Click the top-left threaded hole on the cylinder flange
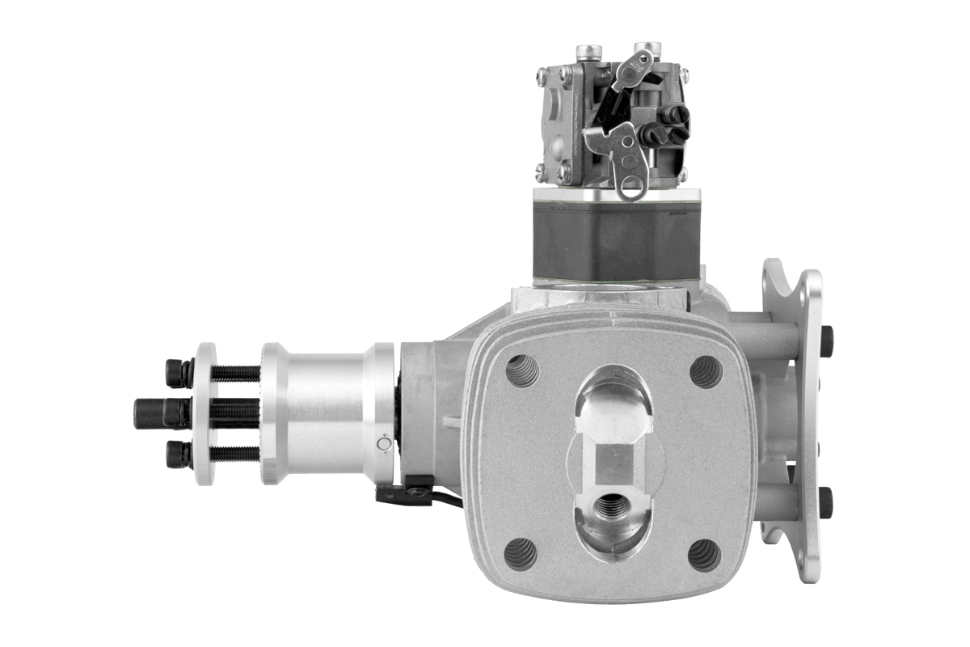click(521, 370)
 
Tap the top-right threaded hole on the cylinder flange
click(706, 370)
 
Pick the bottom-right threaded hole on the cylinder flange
click(704, 555)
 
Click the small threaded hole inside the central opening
click(611, 507)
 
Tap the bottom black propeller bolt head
click(178, 454)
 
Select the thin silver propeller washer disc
click(205, 413)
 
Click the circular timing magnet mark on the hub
click(384, 443)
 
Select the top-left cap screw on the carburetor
click(589, 53)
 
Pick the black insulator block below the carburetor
click(616, 240)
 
